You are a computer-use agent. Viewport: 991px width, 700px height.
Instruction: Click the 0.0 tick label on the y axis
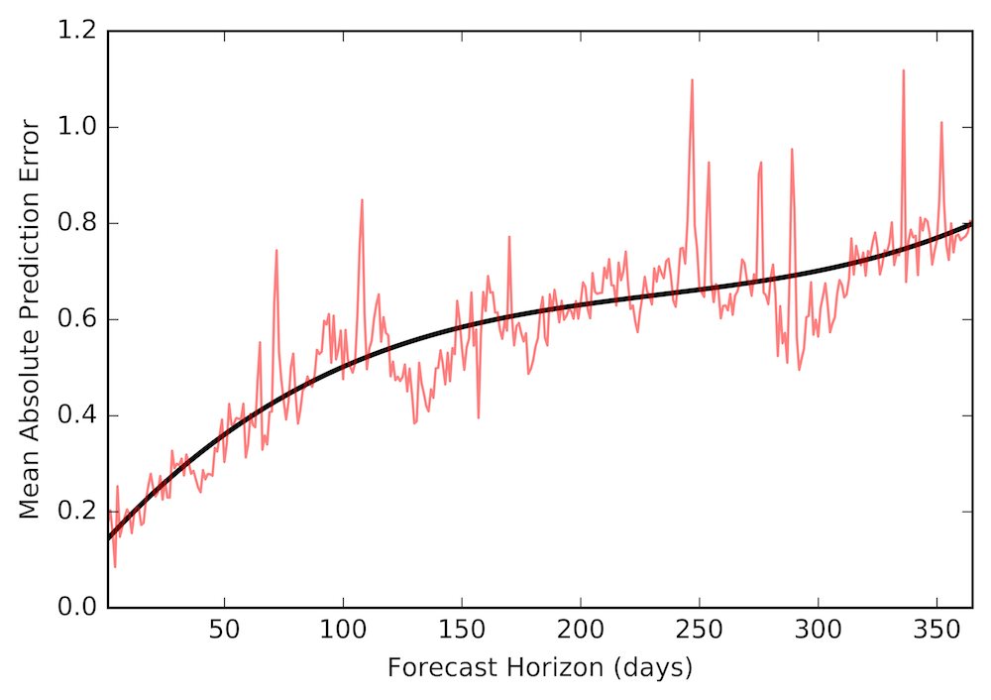(x=77, y=607)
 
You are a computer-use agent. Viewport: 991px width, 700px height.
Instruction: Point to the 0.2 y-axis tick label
(x=77, y=512)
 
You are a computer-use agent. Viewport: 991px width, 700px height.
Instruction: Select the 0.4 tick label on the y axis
(x=77, y=415)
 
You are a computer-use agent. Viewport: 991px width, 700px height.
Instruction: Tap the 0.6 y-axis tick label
(x=77, y=319)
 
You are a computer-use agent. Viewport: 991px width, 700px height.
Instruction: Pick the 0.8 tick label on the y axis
(x=77, y=223)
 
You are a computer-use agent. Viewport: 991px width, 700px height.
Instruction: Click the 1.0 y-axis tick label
(x=77, y=127)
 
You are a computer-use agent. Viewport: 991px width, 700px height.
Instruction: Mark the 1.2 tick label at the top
(x=77, y=32)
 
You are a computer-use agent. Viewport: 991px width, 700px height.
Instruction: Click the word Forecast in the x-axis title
(x=432, y=668)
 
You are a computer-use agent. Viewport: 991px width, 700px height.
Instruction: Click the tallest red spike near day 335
(x=904, y=70)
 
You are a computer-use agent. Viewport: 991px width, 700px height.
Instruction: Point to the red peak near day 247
(x=692, y=80)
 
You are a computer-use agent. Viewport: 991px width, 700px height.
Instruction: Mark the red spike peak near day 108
(x=362, y=200)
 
